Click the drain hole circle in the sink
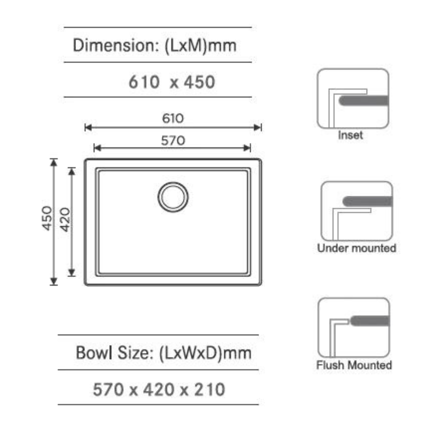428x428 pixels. click(173, 197)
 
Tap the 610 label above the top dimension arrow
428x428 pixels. click(173, 118)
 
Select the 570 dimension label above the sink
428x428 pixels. click(173, 140)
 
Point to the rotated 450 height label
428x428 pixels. click(47, 218)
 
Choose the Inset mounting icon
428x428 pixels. click(353, 98)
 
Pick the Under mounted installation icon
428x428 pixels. click(356, 211)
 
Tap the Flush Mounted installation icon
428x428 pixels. click(353, 327)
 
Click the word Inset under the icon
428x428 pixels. click(350, 135)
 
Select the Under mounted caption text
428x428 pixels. click(356, 248)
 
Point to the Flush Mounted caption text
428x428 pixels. click(354, 365)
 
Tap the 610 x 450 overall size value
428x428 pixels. click(172, 82)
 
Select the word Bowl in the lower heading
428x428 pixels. click(91, 353)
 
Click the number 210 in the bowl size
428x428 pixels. click(210, 390)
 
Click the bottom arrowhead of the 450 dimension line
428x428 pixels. click(53, 281)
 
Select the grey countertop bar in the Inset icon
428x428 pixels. click(363, 100)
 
